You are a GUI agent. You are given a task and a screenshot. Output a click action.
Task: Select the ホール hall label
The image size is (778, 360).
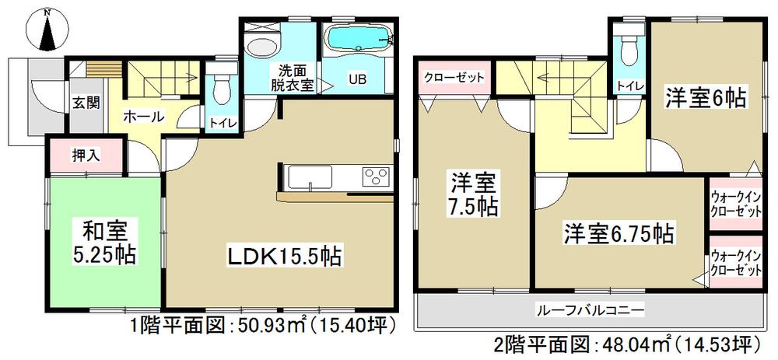click(144, 117)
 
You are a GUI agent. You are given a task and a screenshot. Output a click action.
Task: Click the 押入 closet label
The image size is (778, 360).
click(86, 156)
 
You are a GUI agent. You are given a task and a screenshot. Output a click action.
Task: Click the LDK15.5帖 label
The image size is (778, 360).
click(284, 255)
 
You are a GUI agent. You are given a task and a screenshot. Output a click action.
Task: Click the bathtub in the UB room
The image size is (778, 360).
click(358, 40)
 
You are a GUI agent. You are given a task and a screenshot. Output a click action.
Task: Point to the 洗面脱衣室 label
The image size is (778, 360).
click(291, 78)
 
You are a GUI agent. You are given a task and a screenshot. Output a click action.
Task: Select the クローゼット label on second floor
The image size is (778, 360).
click(455, 79)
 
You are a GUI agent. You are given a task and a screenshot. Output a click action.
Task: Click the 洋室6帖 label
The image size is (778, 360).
click(705, 98)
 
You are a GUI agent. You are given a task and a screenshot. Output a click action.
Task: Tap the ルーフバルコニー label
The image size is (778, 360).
click(591, 310)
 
